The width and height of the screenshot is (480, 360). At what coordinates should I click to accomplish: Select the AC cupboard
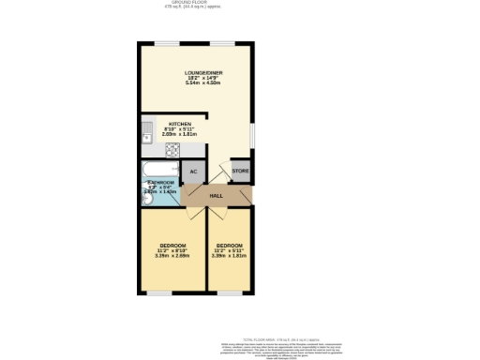pos(193,172)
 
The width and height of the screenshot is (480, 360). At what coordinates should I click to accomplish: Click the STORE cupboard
pos(240,172)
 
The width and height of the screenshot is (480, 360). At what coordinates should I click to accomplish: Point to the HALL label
pos(216,196)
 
